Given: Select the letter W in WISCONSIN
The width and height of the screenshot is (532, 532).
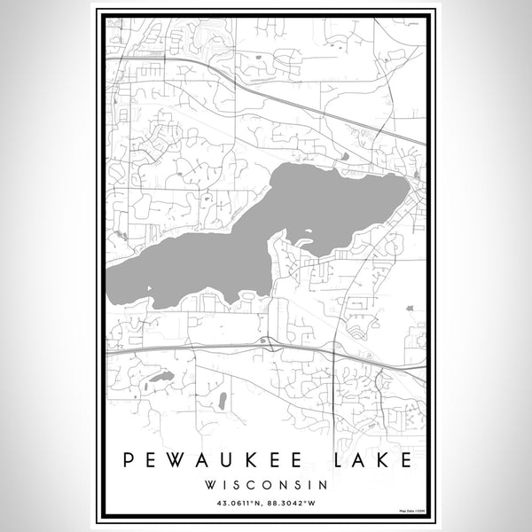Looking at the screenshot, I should (208, 485).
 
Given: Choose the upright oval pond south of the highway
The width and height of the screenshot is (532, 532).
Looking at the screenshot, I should (222, 400).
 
